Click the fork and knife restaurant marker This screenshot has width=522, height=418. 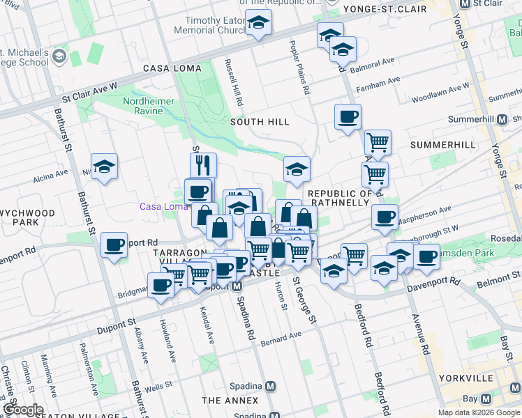[x=203, y=165]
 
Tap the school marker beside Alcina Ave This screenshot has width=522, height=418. [x=104, y=167]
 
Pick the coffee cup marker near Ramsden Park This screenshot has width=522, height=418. [x=426, y=256]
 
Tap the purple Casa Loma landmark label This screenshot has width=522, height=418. [x=160, y=206]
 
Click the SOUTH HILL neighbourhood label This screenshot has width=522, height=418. [x=260, y=122]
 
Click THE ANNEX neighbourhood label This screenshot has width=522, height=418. [x=230, y=401]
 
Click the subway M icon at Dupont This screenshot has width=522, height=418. [x=237, y=288]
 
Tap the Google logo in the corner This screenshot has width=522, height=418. [x=22, y=410]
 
